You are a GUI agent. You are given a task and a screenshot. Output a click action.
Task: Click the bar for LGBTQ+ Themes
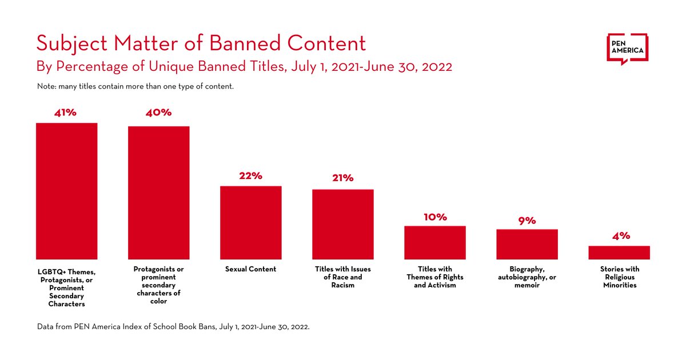[67, 191]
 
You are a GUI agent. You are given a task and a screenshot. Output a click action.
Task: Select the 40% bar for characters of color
[158, 193]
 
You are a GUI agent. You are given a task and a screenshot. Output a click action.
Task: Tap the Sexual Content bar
[251, 222]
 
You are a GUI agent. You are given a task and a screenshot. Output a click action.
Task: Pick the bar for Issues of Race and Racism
[343, 224]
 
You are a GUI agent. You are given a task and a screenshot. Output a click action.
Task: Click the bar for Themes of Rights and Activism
[435, 242]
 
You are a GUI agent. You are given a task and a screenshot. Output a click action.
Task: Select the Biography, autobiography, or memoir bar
[527, 244]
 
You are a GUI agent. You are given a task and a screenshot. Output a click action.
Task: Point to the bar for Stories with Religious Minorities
[619, 253]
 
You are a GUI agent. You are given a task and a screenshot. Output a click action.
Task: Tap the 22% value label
[251, 176]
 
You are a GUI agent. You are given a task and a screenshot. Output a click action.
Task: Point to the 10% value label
[435, 217]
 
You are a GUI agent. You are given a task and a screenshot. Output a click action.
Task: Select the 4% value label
[620, 236]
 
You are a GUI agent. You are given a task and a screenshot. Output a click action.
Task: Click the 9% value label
[527, 221]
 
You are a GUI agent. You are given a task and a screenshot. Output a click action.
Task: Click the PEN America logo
[628, 49]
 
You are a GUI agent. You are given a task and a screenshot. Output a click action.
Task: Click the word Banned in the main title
[246, 43]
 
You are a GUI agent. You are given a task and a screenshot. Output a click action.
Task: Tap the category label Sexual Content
[251, 269]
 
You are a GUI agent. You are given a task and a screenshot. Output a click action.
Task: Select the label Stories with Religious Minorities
[620, 277]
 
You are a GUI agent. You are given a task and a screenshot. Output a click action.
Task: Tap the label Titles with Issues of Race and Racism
[343, 277]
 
